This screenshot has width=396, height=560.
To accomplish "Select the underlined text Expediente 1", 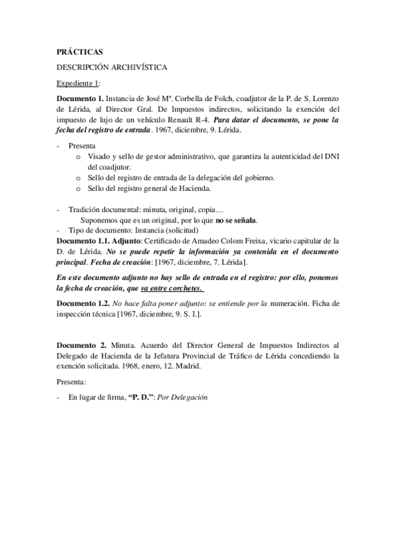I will coord(77,83).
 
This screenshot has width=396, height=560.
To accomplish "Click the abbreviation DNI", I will coord(330,157).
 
